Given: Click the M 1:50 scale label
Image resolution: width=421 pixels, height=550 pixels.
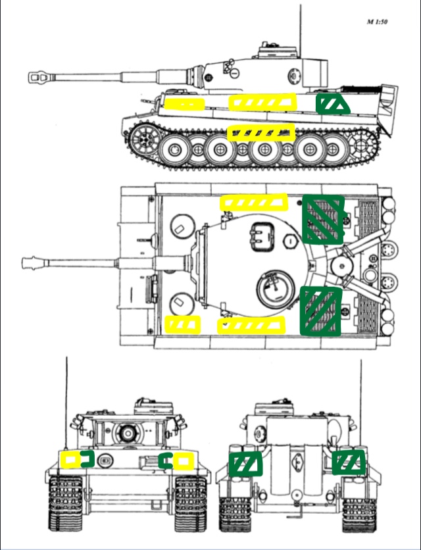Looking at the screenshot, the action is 377,22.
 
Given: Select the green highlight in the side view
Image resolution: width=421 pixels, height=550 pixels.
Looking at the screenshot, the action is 332,103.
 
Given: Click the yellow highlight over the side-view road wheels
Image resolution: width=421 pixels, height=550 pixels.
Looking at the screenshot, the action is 261,133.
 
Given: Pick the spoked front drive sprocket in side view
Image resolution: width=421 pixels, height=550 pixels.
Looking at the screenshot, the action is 144,139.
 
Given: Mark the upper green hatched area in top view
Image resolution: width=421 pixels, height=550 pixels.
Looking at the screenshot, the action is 323,219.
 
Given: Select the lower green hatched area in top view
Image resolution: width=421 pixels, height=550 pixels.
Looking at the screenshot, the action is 321,311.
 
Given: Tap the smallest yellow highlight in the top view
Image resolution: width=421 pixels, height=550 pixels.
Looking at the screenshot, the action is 182,324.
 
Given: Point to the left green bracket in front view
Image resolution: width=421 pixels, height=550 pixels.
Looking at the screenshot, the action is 88,459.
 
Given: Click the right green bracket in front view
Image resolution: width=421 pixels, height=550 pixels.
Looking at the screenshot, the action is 164,461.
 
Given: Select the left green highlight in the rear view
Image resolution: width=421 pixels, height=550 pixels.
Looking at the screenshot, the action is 245,464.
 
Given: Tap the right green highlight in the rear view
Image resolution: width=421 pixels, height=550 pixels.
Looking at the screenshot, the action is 349,462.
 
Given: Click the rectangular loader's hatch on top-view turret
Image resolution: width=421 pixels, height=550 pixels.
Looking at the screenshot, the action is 261,237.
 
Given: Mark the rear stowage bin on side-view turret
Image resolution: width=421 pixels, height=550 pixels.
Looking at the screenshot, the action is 314,73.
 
